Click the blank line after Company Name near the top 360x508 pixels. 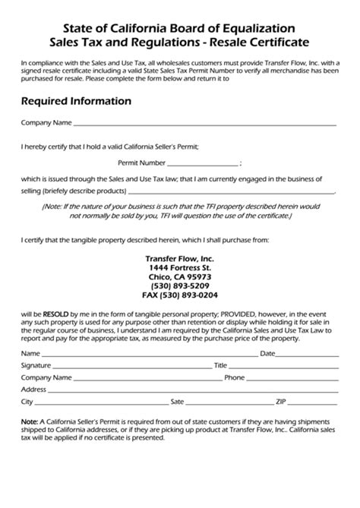(x=205, y=124)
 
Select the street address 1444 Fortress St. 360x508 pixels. (x=180, y=267)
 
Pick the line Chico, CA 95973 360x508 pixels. (x=180, y=277)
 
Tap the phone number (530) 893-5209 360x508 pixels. (x=180, y=286)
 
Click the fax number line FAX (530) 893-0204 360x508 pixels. (x=180, y=295)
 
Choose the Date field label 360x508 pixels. (x=267, y=353)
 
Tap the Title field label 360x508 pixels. (x=220, y=365)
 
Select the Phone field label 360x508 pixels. (x=234, y=377)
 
